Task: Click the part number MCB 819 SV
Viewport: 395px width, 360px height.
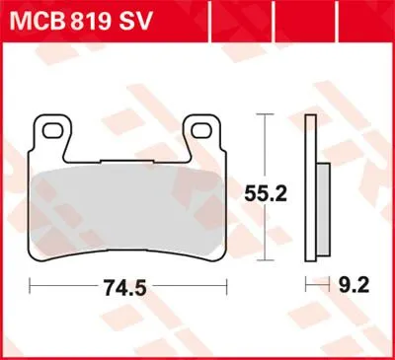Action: (81, 21)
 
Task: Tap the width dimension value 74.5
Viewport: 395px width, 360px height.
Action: (125, 288)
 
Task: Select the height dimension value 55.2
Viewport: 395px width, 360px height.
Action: (266, 194)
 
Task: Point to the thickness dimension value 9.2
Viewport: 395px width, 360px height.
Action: (355, 285)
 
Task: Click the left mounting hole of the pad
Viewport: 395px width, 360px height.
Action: (52, 130)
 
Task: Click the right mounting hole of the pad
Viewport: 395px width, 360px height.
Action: (202, 130)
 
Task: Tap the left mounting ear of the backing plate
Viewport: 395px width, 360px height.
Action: (52, 135)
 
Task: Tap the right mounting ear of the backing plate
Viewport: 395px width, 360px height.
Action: (202, 135)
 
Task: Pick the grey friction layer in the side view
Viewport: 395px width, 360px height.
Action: (324, 209)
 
